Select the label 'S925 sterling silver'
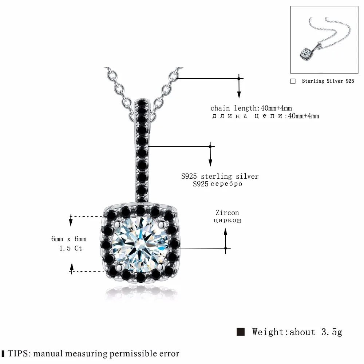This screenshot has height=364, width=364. (x=220, y=177)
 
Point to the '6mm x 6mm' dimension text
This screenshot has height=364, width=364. (x=69, y=239)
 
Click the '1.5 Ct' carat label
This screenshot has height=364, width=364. (x=71, y=248)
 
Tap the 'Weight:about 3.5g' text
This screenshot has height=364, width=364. (x=297, y=332)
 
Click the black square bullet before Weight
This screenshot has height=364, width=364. (x=240, y=332)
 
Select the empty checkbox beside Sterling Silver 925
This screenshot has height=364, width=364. (x=293, y=81)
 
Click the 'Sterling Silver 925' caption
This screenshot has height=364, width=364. (x=328, y=81)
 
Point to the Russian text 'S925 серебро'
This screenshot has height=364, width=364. (x=218, y=184)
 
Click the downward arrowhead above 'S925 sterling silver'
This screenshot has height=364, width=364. (x=210, y=163)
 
